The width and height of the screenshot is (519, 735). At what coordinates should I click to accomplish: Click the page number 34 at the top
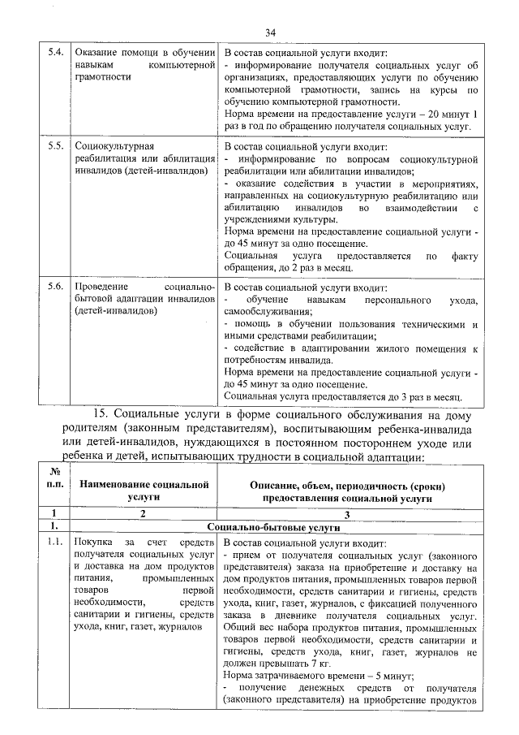coord(270,32)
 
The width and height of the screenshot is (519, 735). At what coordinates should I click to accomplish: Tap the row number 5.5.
coord(55,146)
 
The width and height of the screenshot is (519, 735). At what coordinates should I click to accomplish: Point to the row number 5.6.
coord(55,287)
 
